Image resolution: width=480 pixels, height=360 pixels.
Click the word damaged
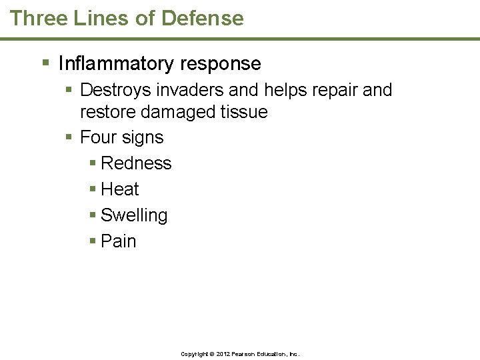(x=175, y=112)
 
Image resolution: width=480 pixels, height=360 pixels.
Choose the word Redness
(x=136, y=163)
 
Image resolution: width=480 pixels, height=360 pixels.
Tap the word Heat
(x=120, y=189)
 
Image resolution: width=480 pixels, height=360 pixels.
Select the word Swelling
(x=134, y=215)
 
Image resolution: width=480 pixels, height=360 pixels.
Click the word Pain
(x=118, y=241)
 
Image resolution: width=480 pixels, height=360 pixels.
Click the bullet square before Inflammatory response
(x=45, y=63)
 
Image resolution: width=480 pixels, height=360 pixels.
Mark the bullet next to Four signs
(x=69, y=137)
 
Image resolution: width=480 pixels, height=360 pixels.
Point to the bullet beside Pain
(x=93, y=241)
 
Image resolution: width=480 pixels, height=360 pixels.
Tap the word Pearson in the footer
(x=245, y=354)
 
